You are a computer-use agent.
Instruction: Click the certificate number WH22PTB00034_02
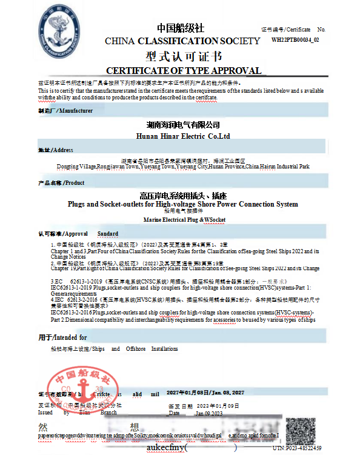295,39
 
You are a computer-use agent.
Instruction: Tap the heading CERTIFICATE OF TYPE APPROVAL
184,70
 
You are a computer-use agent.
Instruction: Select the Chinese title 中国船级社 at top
181,28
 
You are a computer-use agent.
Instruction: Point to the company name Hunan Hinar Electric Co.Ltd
181,137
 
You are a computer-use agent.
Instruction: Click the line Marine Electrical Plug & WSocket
182,219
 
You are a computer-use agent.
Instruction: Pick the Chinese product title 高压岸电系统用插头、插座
182,195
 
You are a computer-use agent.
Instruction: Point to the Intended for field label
62,337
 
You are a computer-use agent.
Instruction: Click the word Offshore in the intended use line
136,349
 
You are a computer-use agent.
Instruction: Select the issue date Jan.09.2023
209,413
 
